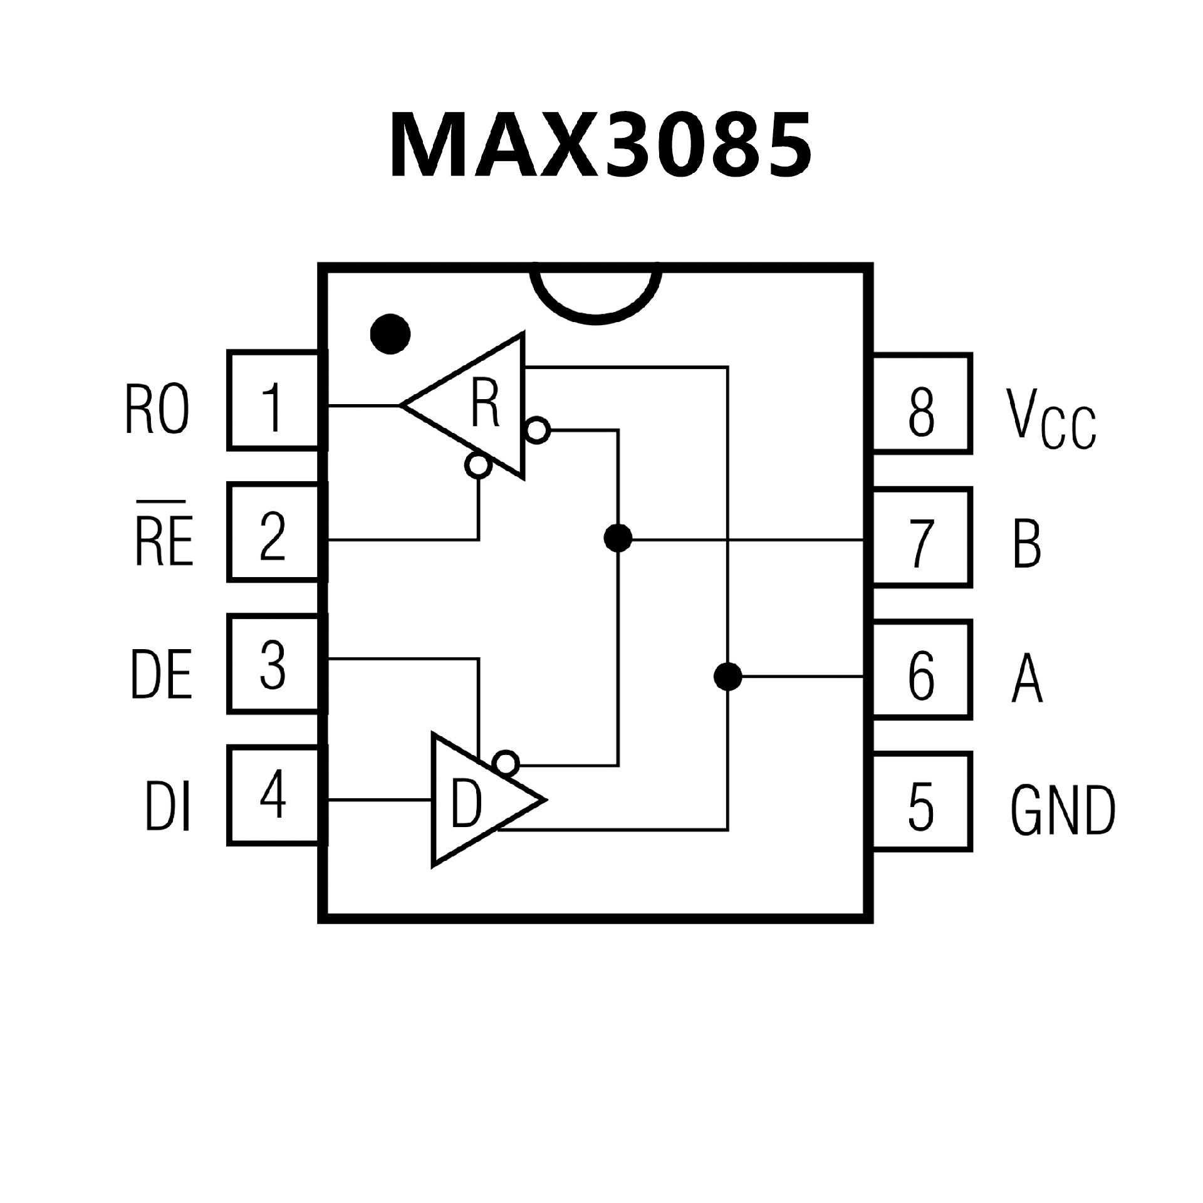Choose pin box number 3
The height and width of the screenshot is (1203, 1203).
(x=274, y=665)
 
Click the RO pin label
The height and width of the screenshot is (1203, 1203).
(x=157, y=410)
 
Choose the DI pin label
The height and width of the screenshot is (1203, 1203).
(x=167, y=806)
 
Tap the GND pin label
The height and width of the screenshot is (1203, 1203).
(x=1063, y=811)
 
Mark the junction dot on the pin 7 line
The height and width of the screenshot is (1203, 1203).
(x=618, y=538)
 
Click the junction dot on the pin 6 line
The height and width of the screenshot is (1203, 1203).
(x=727, y=677)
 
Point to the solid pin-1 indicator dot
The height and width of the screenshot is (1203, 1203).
(x=390, y=333)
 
